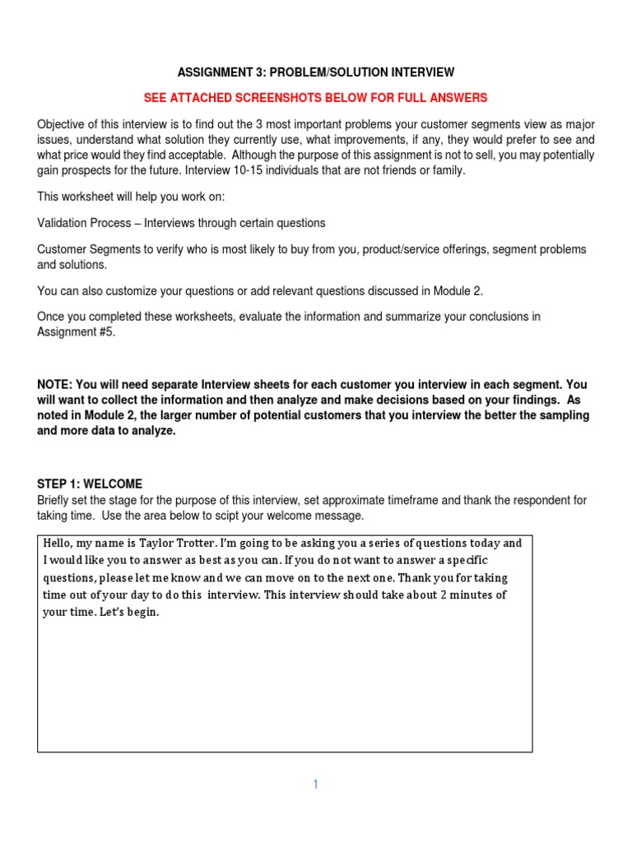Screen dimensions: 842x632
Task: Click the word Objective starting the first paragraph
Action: point(62,124)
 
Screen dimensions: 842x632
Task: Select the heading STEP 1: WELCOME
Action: point(90,484)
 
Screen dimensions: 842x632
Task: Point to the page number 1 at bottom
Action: point(315,784)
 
